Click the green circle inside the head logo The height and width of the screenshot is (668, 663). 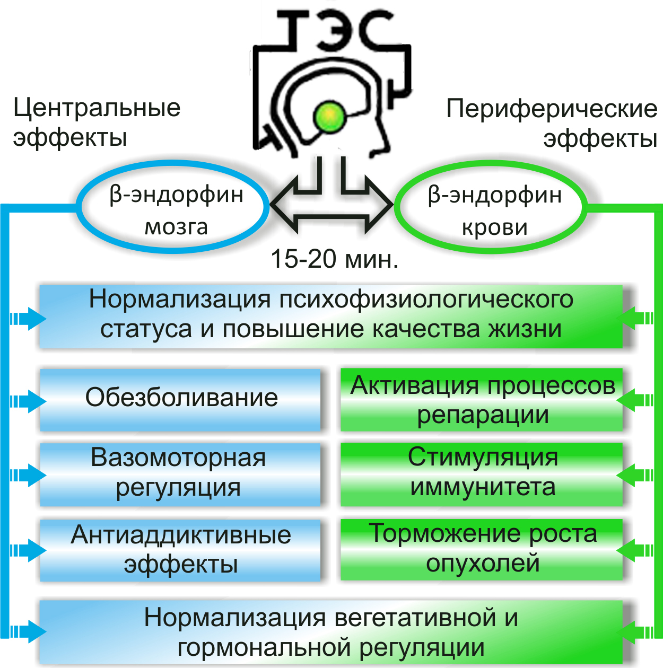[x=329, y=117]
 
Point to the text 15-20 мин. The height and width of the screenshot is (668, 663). [x=334, y=259]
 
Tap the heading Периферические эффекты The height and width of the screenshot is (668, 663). [x=552, y=124]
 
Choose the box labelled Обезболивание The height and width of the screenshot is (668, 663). [x=180, y=398]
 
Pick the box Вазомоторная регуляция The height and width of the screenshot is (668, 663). [x=180, y=473]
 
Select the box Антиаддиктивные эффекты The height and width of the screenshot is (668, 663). [x=180, y=550]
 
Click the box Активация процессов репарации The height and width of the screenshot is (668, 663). [x=482, y=400]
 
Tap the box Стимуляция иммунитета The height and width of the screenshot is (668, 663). [x=482, y=473]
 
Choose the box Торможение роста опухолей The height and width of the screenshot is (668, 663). [x=482, y=549]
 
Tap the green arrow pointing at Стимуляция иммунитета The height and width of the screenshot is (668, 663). [x=634, y=474]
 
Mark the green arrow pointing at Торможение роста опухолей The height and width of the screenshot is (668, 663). [x=634, y=550]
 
